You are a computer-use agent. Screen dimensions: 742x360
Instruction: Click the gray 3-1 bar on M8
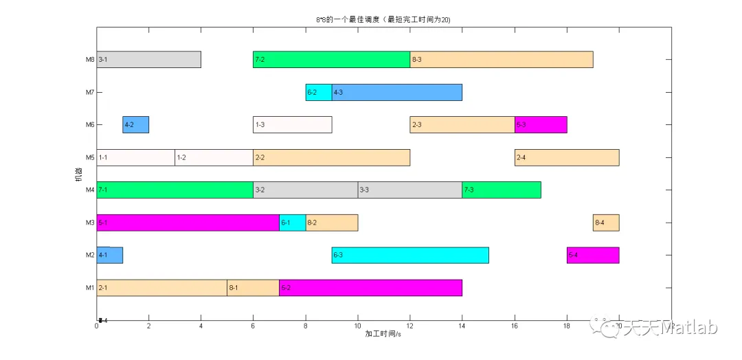point(148,60)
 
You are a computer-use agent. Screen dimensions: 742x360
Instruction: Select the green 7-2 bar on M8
point(331,60)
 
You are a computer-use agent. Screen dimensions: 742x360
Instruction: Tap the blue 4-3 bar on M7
point(396,92)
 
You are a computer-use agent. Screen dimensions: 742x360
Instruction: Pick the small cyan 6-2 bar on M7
point(318,92)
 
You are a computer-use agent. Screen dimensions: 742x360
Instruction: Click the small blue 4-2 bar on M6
point(135,125)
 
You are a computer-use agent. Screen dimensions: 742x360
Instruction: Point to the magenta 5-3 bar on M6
point(541,125)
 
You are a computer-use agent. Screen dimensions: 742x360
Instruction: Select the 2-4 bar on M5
point(567,157)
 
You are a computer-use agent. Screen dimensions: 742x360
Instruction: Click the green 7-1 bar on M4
point(175,190)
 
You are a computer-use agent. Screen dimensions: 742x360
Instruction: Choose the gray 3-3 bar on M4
point(409,190)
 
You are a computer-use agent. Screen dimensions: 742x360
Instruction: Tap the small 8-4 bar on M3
point(606,223)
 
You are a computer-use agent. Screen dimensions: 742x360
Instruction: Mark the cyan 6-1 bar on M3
point(292,223)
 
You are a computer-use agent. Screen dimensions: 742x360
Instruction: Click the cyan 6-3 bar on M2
point(409,256)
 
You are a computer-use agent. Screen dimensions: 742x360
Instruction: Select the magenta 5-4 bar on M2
point(593,256)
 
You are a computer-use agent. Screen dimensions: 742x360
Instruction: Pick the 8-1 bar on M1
point(253,288)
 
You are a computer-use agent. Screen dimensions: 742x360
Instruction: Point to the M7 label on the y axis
point(89,93)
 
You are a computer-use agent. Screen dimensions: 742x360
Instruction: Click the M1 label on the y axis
point(89,288)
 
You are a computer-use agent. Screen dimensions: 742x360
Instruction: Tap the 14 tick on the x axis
point(462,326)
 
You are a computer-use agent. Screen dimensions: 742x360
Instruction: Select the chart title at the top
point(379,20)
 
